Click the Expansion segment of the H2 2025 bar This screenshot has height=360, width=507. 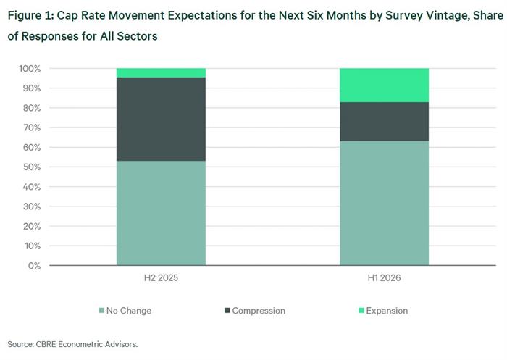pos(161,72)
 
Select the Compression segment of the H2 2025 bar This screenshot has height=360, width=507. pos(161,119)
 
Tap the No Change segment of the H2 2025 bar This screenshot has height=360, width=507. pos(161,213)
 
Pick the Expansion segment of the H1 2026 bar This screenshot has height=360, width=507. pos(384,85)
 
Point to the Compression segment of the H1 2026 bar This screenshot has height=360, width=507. pos(384,122)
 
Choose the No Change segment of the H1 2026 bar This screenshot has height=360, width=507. pos(384,203)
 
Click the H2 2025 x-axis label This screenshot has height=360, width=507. pos(161,278)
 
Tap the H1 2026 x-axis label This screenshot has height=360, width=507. pos(384,278)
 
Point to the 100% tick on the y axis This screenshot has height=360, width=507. pos(30,69)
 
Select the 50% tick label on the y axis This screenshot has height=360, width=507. pos(32,167)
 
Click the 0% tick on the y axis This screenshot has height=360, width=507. pos(34,266)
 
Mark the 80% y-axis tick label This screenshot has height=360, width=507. pos(32,108)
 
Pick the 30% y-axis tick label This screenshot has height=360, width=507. pos(32,206)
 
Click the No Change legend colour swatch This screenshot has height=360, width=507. pos(101,311)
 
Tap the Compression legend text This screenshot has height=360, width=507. pos(259,311)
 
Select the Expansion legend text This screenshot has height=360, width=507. pos(387,311)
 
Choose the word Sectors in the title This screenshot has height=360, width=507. pos(137,36)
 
